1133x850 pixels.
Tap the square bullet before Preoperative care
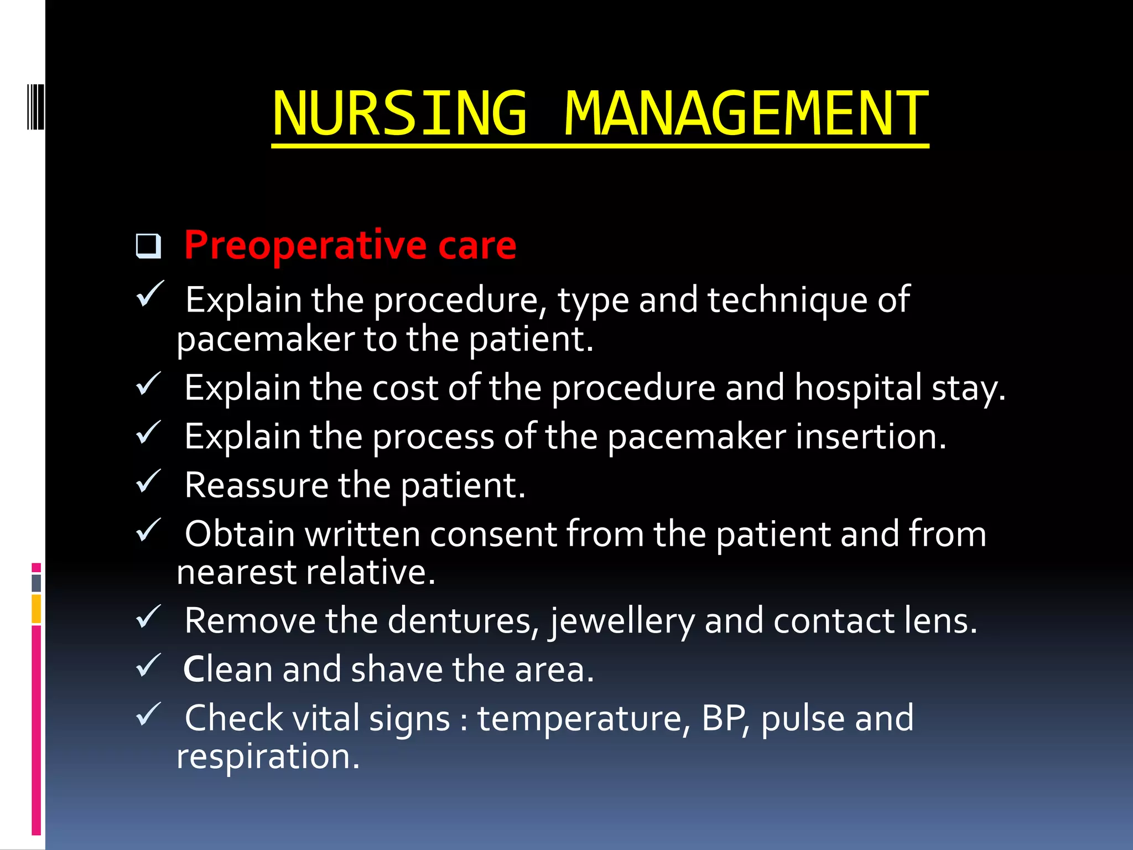coord(148,246)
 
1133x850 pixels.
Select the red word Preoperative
coord(305,245)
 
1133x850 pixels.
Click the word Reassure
coord(256,485)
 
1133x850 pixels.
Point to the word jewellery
coord(622,621)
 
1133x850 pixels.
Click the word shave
coord(397,670)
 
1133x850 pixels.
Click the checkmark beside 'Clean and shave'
coord(148,665)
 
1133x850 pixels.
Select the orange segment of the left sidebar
coord(37,609)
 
